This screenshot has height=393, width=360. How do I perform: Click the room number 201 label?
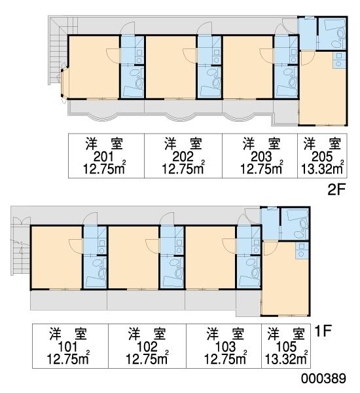coord(103,157)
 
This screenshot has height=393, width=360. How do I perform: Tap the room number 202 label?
coord(183,157)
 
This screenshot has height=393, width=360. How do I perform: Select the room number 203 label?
coord(261,157)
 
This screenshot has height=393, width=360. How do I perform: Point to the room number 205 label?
coord(322,157)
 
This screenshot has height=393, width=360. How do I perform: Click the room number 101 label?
coord(67,347)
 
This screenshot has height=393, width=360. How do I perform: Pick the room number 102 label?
coord(147,347)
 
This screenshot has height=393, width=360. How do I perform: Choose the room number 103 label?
coord(225,347)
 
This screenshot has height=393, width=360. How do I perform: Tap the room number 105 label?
coord(286,347)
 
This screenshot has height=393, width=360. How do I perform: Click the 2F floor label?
coord(336,190)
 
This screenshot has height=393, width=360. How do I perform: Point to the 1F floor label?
coord(323,331)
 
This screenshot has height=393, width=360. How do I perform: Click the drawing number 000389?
coord(323,378)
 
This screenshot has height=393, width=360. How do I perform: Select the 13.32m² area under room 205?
coord(322,168)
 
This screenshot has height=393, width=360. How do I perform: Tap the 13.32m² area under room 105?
coord(286,359)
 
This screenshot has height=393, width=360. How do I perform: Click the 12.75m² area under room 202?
coord(183,168)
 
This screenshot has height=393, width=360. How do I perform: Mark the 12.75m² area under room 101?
coord(68,359)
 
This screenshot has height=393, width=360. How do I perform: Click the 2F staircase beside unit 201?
coord(58,50)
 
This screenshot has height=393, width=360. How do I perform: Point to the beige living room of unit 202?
coord(171,67)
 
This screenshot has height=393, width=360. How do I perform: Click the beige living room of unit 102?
coord(134,257)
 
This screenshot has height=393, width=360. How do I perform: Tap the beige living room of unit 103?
coord(211,257)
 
